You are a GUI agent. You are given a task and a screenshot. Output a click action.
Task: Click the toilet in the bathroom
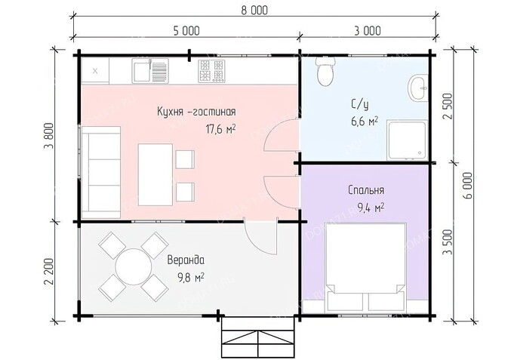[x=325, y=72]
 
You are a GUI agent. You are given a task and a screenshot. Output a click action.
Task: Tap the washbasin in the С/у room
[x=418, y=88]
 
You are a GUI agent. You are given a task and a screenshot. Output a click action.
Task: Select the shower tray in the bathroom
[x=407, y=140]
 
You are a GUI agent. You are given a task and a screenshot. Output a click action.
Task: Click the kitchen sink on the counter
[x=150, y=71]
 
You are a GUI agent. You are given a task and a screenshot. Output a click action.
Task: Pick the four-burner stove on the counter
[x=211, y=71]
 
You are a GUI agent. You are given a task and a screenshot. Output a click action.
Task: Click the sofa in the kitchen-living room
[x=101, y=172]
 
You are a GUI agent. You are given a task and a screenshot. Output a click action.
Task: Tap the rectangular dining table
[x=155, y=174]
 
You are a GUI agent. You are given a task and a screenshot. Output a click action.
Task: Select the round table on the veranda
[x=134, y=267]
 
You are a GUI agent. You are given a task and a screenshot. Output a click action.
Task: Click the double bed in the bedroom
[x=365, y=266]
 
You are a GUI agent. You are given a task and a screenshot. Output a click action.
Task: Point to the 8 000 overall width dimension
[x=254, y=11]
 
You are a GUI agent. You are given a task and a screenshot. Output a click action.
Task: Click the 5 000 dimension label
[x=186, y=31]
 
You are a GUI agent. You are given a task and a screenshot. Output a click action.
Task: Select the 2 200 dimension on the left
[x=48, y=271]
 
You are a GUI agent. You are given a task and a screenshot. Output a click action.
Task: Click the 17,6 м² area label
[x=220, y=130]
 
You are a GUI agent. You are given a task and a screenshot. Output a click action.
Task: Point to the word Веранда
[x=186, y=260]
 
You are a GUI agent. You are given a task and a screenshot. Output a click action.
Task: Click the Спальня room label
[x=366, y=190]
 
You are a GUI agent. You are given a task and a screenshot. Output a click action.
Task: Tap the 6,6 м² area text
[x=365, y=122]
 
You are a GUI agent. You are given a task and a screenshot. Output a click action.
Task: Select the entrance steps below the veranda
[x=258, y=337]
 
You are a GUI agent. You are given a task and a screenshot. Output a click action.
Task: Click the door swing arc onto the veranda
[x=258, y=241]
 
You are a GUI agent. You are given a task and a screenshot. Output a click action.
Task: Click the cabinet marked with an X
[x=95, y=71]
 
